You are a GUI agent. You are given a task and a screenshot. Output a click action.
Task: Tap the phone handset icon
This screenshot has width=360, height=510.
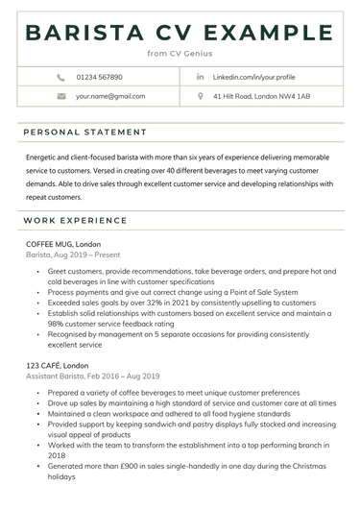click(60, 76)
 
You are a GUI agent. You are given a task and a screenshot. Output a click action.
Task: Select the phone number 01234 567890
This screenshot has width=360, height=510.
click(99, 76)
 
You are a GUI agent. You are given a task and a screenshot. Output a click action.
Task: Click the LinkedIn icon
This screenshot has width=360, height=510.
click(200, 76)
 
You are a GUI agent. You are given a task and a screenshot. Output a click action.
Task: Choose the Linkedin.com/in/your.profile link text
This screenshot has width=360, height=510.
click(253, 76)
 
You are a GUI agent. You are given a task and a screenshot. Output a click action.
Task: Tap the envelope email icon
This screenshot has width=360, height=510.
click(60, 96)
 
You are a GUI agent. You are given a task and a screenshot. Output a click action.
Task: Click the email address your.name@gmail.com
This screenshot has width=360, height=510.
click(110, 96)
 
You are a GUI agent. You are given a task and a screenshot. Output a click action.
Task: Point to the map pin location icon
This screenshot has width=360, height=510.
click(200, 96)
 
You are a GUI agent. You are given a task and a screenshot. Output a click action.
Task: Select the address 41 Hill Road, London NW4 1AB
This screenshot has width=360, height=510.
click(261, 96)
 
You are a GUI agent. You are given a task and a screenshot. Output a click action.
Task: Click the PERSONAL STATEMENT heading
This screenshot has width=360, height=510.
click(85, 132)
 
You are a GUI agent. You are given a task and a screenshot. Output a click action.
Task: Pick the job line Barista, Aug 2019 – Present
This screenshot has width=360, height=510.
click(73, 256)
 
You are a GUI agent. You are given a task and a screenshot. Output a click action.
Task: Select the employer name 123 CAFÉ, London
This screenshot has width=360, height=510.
click(61, 368)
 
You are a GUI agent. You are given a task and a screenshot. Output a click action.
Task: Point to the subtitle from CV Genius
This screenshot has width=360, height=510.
click(180, 54)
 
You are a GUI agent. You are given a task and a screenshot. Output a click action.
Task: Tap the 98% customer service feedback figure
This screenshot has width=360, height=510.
click(57, 325)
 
